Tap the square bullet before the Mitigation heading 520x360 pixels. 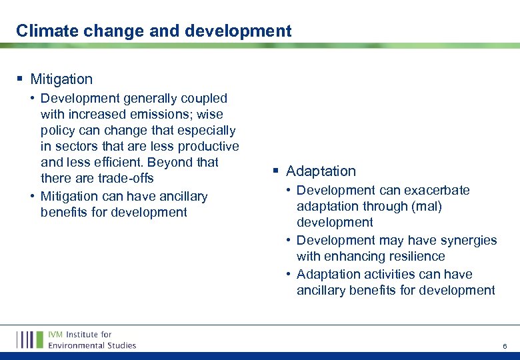[20, 79]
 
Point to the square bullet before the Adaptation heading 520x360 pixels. [275, 171]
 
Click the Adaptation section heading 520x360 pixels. [321, 171]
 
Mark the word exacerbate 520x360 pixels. [439, 190]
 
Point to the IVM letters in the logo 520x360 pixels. [57, 334]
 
